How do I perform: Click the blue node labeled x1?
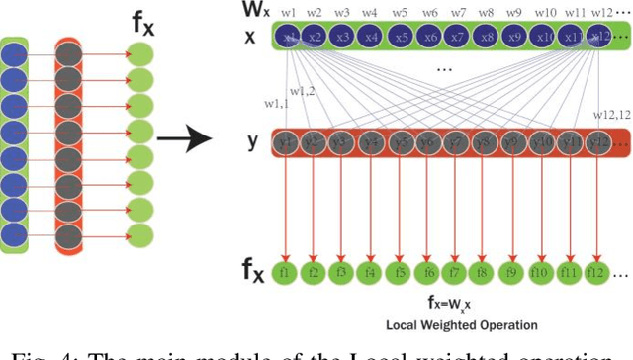click(289, 37)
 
